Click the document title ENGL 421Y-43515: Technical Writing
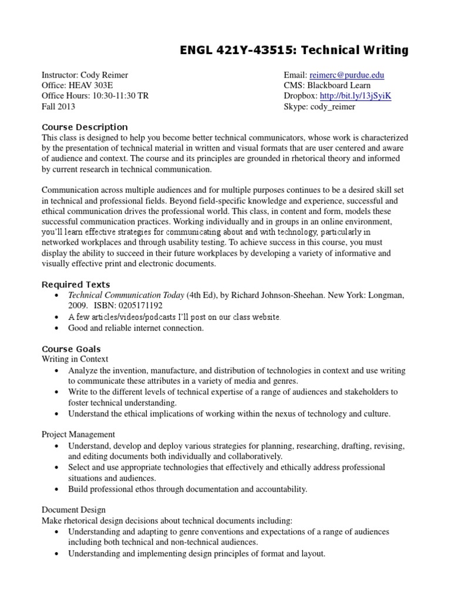[x=294, y=51]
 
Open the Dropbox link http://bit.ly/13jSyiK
[x=358, y=96]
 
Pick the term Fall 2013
[x=58, y=107]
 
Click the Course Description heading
[x=85, y=127]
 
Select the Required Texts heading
[x=76, y=285]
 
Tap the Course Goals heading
[x=71, y=349]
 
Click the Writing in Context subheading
[x=75, y=359]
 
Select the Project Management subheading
[x=78, y=434]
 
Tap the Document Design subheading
[x=73, y=510]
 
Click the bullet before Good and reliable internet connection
[x=56, y=328]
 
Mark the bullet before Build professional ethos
[x=56, y=489]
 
